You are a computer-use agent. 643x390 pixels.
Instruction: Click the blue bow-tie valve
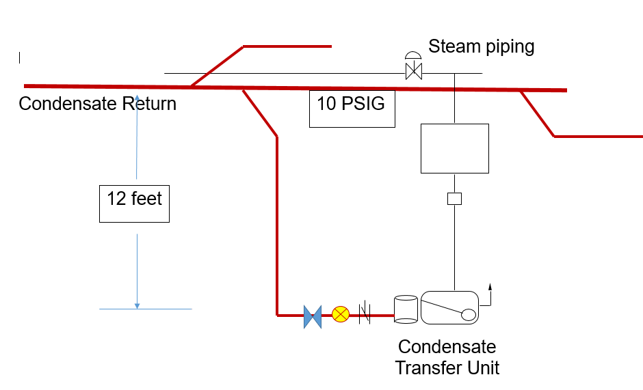[x=313, y=316]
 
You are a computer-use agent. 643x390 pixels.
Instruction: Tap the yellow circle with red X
[x=340, y=315]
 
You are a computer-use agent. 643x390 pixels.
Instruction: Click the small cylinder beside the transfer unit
[x=406, y=309]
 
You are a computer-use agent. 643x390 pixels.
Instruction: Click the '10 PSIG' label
[x=352, y=105]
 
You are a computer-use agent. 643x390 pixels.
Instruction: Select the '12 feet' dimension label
[x=134, y=199]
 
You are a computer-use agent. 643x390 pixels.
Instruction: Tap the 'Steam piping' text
[x=481, y=46]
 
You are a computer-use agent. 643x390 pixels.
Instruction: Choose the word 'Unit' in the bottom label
[x=483, y=368]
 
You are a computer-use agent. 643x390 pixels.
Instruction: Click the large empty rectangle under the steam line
[x=454, y=148]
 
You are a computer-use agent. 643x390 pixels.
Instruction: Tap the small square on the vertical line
[x=454, y=199]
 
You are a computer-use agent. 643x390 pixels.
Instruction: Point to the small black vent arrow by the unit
[x=490, y=287]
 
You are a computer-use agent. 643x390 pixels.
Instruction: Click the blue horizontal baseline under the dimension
[x=145, y=309]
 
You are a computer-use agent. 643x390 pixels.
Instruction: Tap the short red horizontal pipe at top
[x=287, y=46]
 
